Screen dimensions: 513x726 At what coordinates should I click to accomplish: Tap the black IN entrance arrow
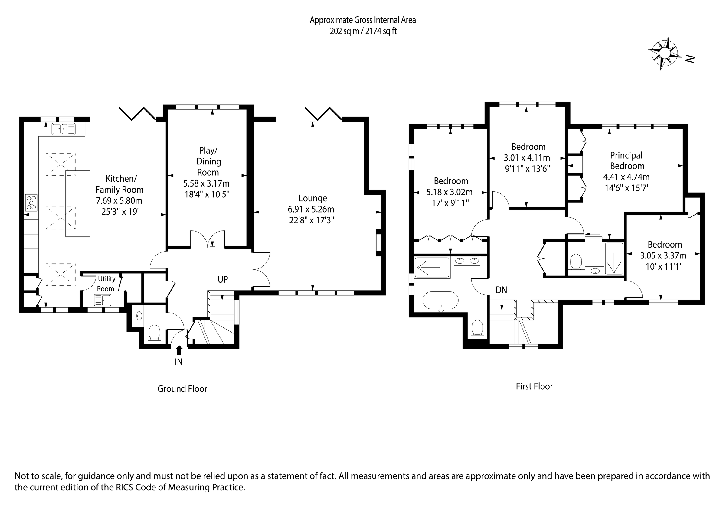pyautogui.click(x=179, y=350)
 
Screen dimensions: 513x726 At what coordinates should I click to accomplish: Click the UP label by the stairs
pyautogui.click(x=223, y=279)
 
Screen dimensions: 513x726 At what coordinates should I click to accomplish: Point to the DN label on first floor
pyautogui.click(x=501, y=290)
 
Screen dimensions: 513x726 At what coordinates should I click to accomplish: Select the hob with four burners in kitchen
pyautogui.click(x=31, y=203)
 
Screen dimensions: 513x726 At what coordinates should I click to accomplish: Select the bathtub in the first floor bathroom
pyautogui.click(x=440, y=300)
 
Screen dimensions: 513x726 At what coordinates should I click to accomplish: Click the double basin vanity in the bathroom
pyautogui.click(x=467, y=261)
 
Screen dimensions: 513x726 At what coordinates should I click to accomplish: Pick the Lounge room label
pyautogui.click(x=313, y=199)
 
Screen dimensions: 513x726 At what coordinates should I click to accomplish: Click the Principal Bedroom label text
pyautogui.click(x=627, y=161)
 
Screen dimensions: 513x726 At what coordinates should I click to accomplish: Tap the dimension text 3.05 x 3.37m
pyautogui.click(x=663, y=255)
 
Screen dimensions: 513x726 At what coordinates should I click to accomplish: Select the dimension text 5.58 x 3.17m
pyautogui.click(x=207, y=183)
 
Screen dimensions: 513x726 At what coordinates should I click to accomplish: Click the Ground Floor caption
pyautogui.click(x=182, y=389)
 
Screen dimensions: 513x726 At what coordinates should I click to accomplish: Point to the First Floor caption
pyautogui.click(x=534, y=386)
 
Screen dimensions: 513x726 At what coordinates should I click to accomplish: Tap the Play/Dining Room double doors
pyautogui.click(x=208, y=239)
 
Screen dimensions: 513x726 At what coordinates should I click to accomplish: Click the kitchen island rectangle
pyautogui.click(x=78, y=203)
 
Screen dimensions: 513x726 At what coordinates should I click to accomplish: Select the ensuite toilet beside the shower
pyautogui.click(x=576, y=262)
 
